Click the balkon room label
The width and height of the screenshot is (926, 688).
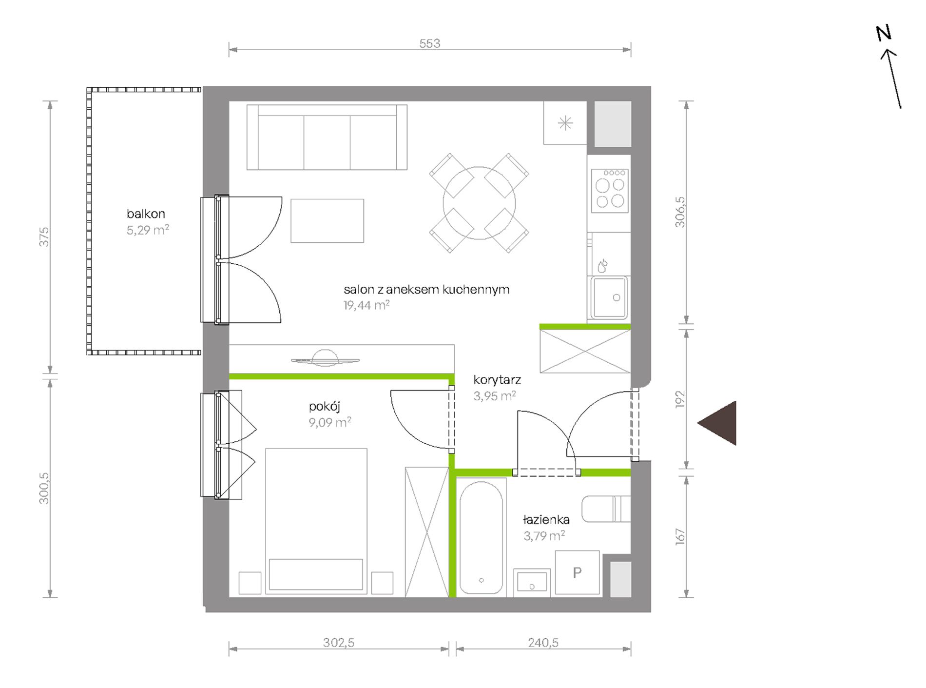146,214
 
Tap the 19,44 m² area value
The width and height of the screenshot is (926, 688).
367,305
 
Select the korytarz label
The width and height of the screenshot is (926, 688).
497,380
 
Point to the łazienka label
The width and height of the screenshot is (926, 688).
546,520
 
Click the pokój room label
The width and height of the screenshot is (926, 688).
325,407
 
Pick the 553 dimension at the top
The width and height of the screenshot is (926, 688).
430,43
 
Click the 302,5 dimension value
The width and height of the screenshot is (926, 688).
339,643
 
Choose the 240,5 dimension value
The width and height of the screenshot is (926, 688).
543,643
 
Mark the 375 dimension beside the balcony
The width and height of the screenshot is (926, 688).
44,237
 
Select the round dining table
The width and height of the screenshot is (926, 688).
479,203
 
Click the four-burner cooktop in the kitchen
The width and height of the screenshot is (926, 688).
610,191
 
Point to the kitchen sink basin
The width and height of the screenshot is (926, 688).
609,297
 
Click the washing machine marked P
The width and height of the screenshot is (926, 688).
578,572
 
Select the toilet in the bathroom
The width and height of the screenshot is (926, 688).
606,509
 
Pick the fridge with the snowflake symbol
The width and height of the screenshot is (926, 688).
565,123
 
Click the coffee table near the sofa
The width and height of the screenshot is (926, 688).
328,221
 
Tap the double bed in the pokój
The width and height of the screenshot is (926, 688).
316,521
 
